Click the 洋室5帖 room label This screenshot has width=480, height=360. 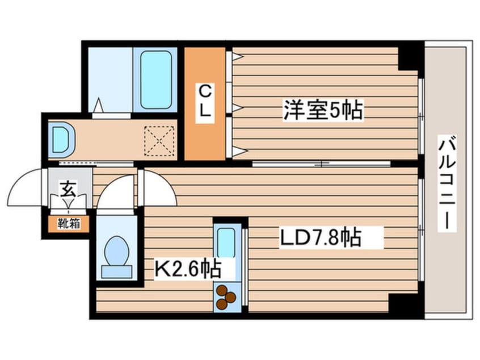[x=323, y=110]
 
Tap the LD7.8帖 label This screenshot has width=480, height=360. [x=321, y=237]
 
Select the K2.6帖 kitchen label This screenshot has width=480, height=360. [x=188, y=269]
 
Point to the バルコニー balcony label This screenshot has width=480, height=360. [x=447, y=183]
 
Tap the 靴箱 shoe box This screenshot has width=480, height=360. [x=69, y=224]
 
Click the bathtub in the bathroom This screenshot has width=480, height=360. [x=156, y=79]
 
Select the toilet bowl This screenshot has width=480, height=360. [x=116, y=250]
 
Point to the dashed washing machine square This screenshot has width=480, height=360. [x=159, y=141]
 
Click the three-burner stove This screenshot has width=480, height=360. [x=226, y=297]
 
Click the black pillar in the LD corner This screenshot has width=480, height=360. [x=404, y=303]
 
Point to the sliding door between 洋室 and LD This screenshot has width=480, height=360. [x=322, y=164]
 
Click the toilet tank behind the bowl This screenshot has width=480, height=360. [x=117, y=272]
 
